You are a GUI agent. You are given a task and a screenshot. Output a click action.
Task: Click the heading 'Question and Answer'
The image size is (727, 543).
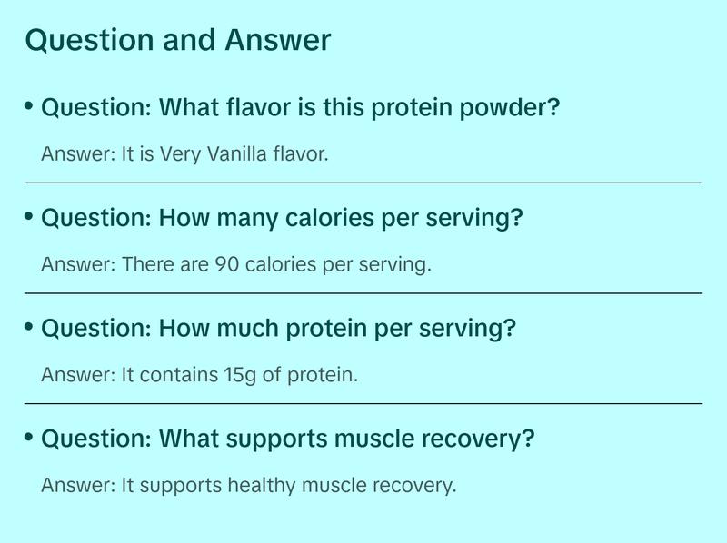point(178,41)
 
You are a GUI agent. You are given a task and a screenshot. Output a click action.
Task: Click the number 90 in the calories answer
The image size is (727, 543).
point(226,264)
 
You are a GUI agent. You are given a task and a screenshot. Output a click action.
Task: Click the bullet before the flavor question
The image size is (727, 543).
point(29,106)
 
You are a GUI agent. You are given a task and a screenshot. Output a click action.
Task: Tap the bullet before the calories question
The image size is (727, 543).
point(29,216)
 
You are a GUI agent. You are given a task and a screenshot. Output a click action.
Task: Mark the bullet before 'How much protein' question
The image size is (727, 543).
point(29,326)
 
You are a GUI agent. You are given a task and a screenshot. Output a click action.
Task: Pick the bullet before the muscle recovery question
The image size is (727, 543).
point(29,437)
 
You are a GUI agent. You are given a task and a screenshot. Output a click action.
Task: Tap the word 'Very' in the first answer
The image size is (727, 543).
point(178,153)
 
